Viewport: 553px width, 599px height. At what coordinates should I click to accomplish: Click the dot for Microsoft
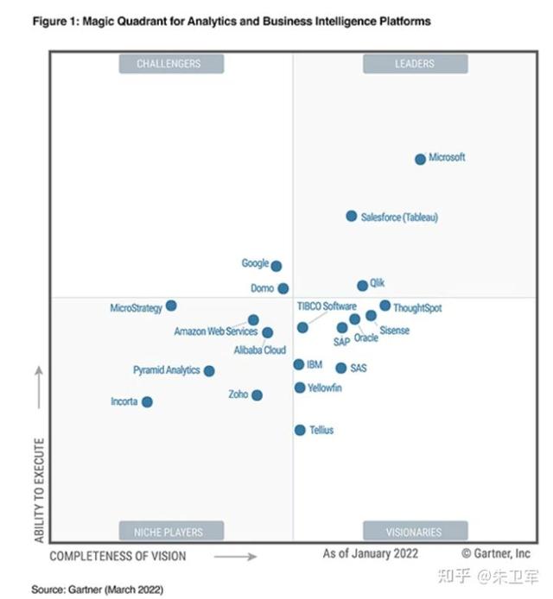pyautogui.click(x=420, y=159)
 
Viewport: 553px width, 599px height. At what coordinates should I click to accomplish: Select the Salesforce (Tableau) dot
pyautogui.click(x=352, y=216)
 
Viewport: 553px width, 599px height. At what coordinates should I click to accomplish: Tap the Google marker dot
pyautogui.click(x=276, y=266)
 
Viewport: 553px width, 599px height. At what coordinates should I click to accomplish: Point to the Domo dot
pyautogui.click(x=283, y=288)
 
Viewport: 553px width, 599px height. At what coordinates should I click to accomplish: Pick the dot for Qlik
pyautogui.click(x=363, y=286)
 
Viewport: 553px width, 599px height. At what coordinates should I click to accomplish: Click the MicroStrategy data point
pyautogui.click(x=171, y=306)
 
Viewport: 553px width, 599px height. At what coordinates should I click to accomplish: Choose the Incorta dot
pyautogui.click(x=147, y=401)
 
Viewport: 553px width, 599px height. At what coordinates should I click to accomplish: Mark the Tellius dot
pyautogui.click(x=300, y=430)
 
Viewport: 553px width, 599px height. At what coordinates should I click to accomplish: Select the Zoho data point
pyautogui.click(x=257, y=395)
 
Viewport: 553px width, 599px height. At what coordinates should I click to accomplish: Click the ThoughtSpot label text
pyautogui.click(x=416, y=308)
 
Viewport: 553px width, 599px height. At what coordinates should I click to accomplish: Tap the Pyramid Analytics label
pyautogui.click(x=166, y=370)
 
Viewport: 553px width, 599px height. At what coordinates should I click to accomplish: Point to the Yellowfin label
pyautogui.click(x=325, y=388)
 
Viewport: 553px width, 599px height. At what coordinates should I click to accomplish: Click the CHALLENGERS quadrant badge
pyautogui.click(x=169, y=63)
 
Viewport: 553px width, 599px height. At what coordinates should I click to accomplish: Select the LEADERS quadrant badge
pyautogui.click(x=415, y=63)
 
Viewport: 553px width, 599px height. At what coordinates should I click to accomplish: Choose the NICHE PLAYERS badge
pyautogui.click(x=169, y=532)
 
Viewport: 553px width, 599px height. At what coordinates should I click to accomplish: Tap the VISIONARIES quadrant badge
pyautogui.click(x=415, y=532)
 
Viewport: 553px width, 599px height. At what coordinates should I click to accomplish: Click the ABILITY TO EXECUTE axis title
pyautogui.click(x=39, y=489)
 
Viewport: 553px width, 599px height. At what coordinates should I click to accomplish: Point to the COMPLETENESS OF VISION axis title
pyautogui.click(x=118, y=557)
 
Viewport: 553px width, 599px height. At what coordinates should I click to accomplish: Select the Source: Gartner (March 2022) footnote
pyautogui.click(x=97, y=589)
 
